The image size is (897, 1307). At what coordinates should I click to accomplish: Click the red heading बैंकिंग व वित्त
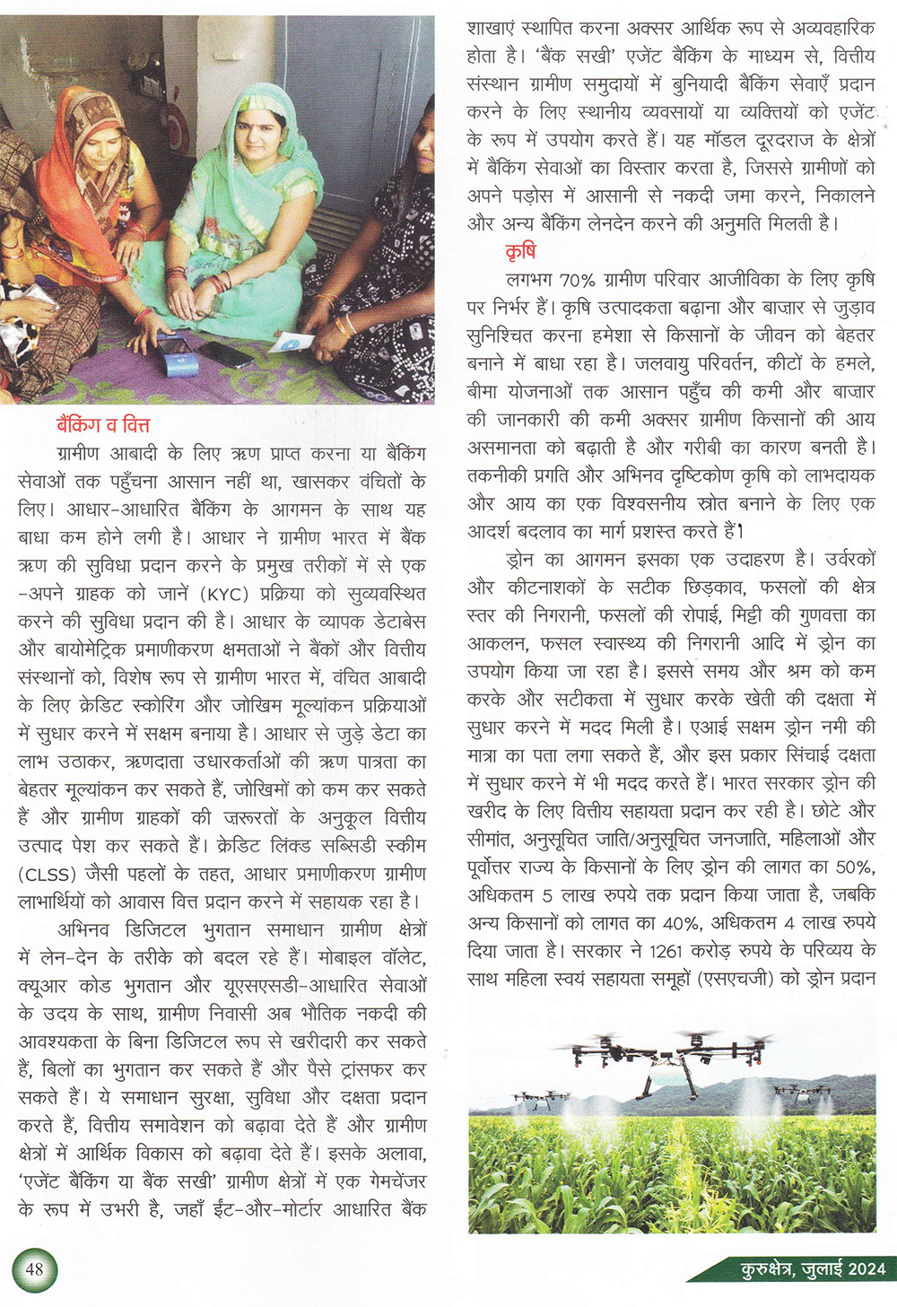click(102, 424)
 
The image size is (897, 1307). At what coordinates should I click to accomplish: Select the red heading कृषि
click(520, 251)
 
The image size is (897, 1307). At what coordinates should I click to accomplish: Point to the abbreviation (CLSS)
click(47, 874)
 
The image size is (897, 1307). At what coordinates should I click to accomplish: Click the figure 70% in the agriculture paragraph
click(576, 280)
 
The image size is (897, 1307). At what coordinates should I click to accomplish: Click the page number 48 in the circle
click(34, 1269)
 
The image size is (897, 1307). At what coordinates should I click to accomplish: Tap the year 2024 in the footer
click(867, 1268)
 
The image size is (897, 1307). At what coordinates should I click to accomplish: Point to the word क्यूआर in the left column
click(44, 985)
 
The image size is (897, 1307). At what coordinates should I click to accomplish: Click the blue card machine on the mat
click(177, 356)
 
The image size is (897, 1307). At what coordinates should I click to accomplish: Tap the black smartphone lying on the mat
click(224, 353)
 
